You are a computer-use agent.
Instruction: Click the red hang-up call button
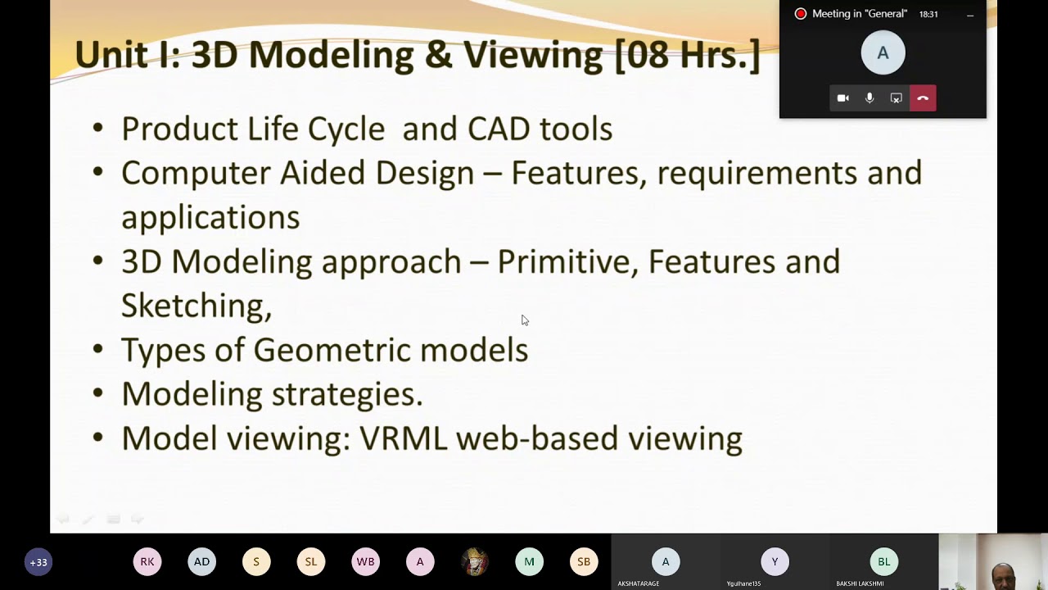(x=923, y=98)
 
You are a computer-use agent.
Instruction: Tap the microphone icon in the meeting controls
(x=870, y=98)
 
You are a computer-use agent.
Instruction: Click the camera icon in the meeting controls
(x=843, y=98)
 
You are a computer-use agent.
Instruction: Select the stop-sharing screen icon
(x=896, y=98)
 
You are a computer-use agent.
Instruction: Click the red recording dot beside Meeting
(x=801, y=14)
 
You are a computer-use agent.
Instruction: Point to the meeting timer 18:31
(x=928, y=15)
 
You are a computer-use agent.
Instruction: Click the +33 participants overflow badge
(x=38, y=562)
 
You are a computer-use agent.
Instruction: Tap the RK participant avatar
(x=147, y=561)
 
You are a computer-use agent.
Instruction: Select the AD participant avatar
(x=201, y=561)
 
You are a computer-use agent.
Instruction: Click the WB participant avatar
(x=365, y=561)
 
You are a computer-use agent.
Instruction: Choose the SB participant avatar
(x=584, y=561)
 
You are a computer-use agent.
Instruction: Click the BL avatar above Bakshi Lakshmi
(x=883, y=561)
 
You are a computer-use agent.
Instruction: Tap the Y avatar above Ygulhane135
(x=775, y=561)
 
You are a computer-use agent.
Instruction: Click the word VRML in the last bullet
(x=403, y=438)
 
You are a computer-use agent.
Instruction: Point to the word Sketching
(x=196, y=306)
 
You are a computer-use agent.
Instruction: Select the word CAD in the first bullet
(x=499, y=129)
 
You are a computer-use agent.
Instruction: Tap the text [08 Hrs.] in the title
(x=688, y=55)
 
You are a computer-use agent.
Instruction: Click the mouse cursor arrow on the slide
(x=525, y=320)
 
